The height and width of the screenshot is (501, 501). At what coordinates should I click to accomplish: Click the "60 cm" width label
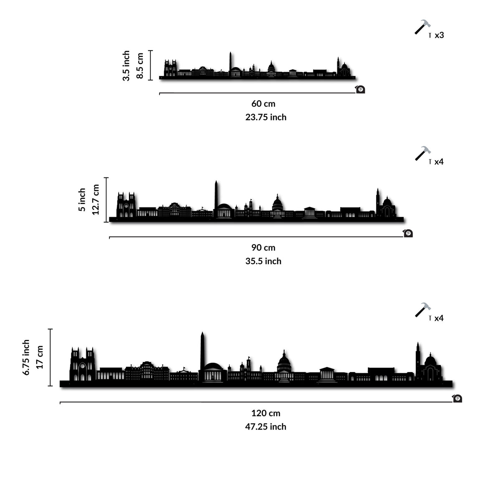tap(263, 104)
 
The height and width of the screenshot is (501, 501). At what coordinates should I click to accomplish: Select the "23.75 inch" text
tap(266, 117)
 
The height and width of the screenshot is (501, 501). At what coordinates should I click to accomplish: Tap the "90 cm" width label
tap(263, 248)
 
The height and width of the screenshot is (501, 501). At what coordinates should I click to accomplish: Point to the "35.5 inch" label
tap(263, 261)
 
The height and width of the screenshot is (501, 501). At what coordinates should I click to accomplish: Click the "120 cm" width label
tap(266, 413)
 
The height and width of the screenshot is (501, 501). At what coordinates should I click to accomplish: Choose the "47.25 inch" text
tap(266, 427)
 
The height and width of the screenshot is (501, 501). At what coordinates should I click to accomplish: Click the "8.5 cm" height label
tap(140, 66)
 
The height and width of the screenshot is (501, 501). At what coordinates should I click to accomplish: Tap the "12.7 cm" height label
tap(96, 200)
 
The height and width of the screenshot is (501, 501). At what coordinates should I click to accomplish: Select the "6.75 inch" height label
tap(26, 357)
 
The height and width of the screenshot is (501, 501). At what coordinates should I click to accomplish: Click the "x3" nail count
tap(439, 35)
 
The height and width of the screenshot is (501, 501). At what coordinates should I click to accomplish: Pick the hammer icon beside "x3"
tap(422, 27)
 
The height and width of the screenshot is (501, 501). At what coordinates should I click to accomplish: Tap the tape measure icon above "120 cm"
tap(457, 398)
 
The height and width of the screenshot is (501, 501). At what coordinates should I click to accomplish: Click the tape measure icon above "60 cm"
tap(360, 89)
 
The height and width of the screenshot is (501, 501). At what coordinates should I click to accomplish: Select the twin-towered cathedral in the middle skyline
tap(126, 205)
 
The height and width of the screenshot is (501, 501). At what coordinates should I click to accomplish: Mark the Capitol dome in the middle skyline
tap(277, 203)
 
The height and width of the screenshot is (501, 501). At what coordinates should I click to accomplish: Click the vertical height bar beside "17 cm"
tap(51, 357)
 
